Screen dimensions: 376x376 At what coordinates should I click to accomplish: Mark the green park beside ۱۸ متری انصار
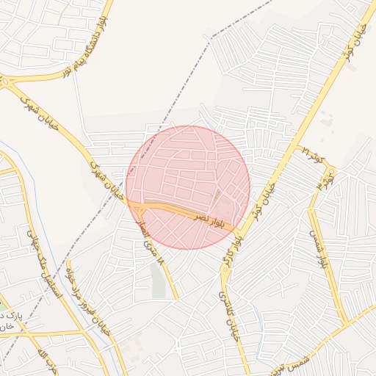(x=159, y=280)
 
